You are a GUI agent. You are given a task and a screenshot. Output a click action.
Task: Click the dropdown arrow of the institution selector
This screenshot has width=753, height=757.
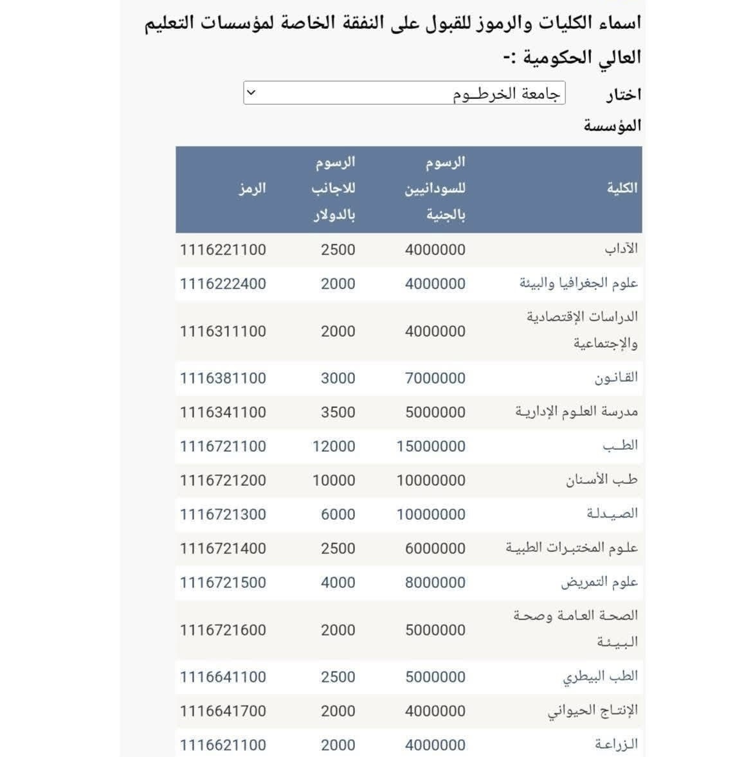(x=251, y=93)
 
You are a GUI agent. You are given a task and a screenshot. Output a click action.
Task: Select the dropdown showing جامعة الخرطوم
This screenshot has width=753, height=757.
(x=404, y=93)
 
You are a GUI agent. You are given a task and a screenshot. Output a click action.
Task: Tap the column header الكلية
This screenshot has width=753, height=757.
(x=622, y=188)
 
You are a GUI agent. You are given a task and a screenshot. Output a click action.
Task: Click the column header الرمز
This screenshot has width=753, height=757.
(x=251, y=188)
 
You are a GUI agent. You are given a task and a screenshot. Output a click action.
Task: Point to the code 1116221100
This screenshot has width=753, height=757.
(x=222, y=250)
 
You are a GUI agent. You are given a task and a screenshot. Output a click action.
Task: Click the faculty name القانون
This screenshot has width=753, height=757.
(x=615, y=378)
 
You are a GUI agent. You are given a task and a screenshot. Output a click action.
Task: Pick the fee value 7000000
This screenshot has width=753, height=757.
(x=435, y=378)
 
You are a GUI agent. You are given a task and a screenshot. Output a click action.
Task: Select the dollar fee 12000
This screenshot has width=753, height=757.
(x=333, y=447)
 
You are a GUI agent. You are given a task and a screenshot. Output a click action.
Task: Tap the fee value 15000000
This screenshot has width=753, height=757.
(x=430, y=447)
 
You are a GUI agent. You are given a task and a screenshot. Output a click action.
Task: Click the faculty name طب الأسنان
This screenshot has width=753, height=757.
(x=601, y=480)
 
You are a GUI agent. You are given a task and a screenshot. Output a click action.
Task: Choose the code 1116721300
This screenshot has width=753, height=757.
(x=222, y=515)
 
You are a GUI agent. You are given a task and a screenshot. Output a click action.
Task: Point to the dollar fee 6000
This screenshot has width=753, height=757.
(x=338, y=515)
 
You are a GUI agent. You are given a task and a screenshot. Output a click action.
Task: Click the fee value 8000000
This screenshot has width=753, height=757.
(x=435, y=583)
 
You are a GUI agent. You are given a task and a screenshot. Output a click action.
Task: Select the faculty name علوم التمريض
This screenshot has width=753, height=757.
(x=599, y=582)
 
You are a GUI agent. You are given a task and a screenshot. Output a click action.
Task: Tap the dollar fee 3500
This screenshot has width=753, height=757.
(x=338, y=413)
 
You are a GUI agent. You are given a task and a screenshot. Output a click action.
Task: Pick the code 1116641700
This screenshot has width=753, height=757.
(x=222, y=711)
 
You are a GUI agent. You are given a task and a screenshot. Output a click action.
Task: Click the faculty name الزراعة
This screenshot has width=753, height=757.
(x=615, y=745)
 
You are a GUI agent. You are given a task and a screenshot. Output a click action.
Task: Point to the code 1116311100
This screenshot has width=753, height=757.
(x=222, y=332)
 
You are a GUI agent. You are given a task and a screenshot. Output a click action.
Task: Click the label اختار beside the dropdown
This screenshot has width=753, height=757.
(x=622, y=95)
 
